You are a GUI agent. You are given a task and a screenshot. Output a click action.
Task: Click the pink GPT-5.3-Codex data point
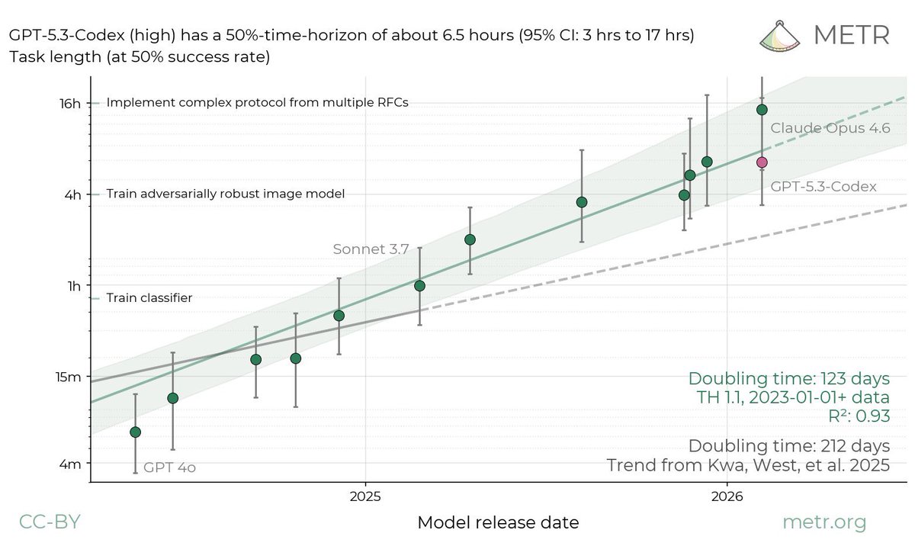(x=762, y=162)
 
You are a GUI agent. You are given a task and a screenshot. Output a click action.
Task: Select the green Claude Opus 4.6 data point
(x=762, y=110)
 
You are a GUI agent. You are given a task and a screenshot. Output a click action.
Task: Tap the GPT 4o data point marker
(x=136, y=432)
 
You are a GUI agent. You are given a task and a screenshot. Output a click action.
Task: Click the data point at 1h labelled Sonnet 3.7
(x=419, y=286)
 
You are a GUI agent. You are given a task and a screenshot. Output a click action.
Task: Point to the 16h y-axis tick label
(x=70, y=103)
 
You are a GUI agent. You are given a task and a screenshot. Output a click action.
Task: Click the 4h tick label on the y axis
(x=71, y=194)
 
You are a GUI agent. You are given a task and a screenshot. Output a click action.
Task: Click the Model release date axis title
(x=498, y=523)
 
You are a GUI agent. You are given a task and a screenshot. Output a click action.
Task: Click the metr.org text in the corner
(x=825, y=522)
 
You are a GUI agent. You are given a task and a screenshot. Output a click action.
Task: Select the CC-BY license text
(x=49, y=522)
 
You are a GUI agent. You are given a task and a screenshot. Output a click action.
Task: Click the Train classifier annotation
(x=149, y=298)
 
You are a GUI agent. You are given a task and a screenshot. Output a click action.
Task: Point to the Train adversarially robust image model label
(x=226, y=194)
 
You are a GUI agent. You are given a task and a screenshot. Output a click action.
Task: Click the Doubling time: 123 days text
(x=789, y=378)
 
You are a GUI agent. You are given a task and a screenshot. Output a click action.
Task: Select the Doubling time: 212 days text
(x=789, y=445)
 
